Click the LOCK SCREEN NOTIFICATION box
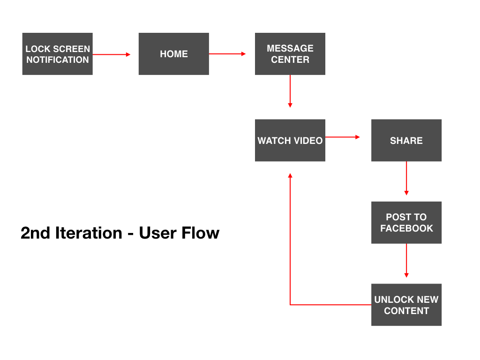pyautogui.click(x=58, y=54)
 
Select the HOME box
pyautogui.click(x=174, y=54)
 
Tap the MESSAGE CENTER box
pyautogui.click(x=290, y=54)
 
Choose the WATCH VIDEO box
pyautogui.click(x=290, y=140)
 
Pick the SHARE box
pyautogui.click(x=406, y=140)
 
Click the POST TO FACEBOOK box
pyautogui.click(x=406, y=223)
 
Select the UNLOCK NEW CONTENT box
pyautogui.click(x=406, y=305)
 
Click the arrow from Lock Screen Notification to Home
pyautogui.click(x=112, y=54)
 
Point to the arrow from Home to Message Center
pyautogui.click(x=227, y=54)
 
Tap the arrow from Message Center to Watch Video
pyautogui.click(x=290, y=91)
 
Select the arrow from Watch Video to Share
pyautogui.click(x=343, y=137)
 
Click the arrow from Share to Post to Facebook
pyautogui.click(x=406, y=178)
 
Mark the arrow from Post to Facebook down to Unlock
pyautogui.click(x=406, y=261)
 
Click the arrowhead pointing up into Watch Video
pyautogui.click(x=290, y=175)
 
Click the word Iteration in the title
pyautogui.click(x=89, y=233)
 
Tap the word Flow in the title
pyautogui.click(x=200, y=233)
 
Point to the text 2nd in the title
pyautogui.click(x=35, y=233)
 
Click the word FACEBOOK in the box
pyautogui.click(x=406, y=228)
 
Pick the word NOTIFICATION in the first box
pyautogui.click(x=58, y=60)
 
